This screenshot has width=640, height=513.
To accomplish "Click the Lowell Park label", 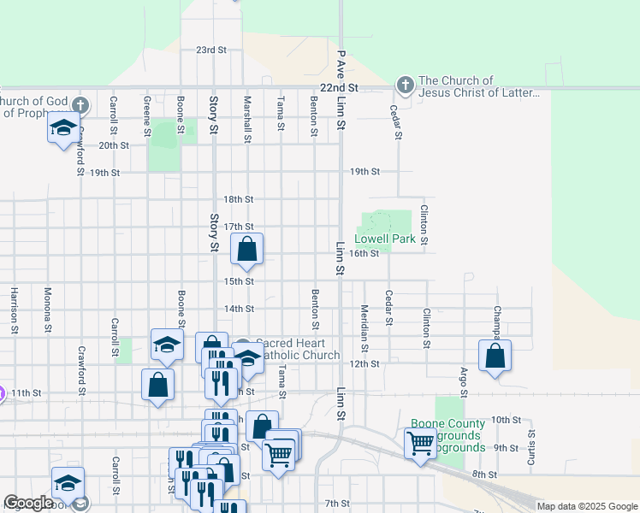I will [391, 239].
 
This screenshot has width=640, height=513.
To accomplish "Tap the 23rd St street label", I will [210, 50].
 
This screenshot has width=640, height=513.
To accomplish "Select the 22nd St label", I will [338, 88].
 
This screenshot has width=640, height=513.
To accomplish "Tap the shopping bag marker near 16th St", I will [246, 250].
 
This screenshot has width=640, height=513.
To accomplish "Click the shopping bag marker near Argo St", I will [495, 356].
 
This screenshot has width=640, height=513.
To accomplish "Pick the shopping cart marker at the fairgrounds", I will [419, 443].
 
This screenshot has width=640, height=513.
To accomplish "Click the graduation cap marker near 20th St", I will [62, 128].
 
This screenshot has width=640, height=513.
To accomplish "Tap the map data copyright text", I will [587, 506].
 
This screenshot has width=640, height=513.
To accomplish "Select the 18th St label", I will [239, 199].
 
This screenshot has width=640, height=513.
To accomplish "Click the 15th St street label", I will [239, 281].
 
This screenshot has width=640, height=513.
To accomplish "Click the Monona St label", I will [48, 309].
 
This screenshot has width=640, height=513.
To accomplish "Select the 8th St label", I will [484, 474].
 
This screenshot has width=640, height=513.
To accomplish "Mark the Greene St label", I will [147, 116].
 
